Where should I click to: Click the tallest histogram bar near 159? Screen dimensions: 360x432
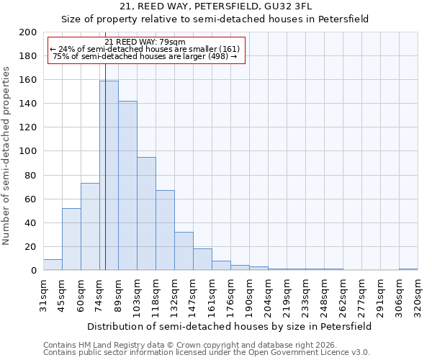point(109,176)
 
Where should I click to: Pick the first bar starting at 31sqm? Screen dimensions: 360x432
point(53,265)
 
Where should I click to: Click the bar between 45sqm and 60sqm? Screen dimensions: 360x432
point(71,240)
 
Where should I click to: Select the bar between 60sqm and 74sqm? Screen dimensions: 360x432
point(90,227)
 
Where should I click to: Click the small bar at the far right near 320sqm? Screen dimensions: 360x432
point(408,269)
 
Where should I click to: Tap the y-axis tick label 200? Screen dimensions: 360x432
point(28,32)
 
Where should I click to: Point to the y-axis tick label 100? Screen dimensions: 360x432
point(28,151)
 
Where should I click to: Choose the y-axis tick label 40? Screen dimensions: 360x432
point(31,222)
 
